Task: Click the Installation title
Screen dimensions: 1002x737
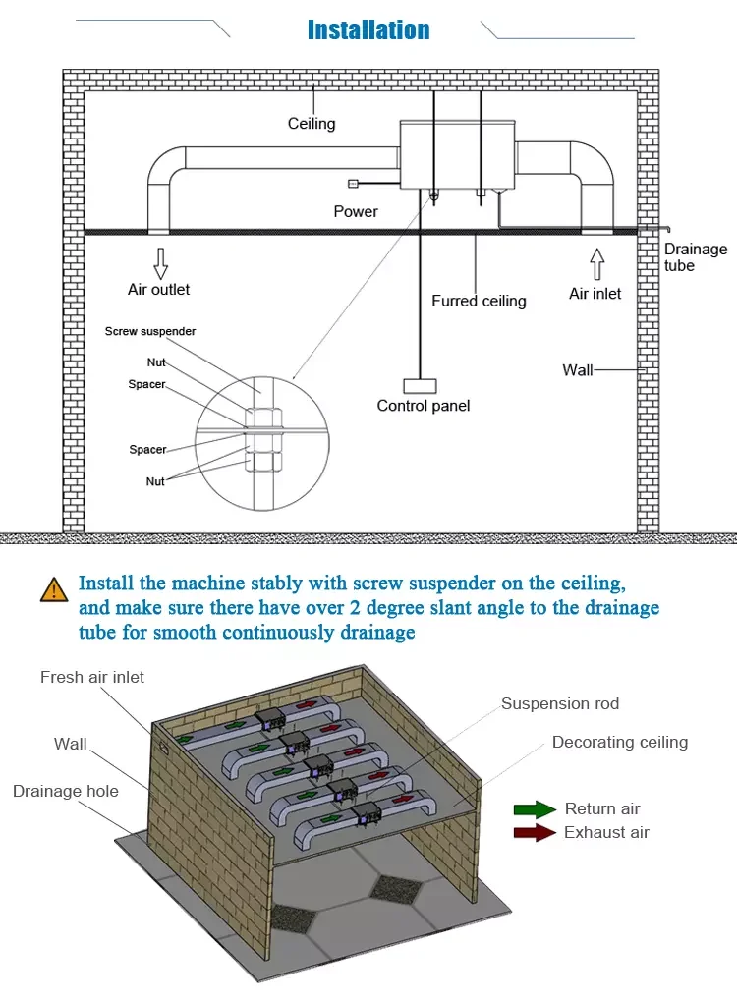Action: pyautogui.click(x=368, y=30)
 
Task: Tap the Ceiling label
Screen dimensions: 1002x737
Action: pyautogui.click(x=312, y=124)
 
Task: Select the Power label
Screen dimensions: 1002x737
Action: pyautogui.click(x=356, y=211)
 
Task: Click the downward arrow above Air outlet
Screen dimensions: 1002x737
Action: pyautogui.click(x=160, y=263)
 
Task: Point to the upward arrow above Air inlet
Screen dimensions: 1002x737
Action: pyautogui.click(x=595, y=264)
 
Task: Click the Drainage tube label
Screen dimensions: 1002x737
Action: pyautogui.click(x=695, y=257)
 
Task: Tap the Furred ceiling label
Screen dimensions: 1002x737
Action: pyautogui.click(x=479, y=301)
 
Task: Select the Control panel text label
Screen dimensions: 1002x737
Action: pyautogui.click(x=424, y=406)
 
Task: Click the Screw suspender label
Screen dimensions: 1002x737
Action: pyautogui.click(x=150, y=332)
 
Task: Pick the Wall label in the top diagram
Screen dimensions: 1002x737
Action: pyautogui.click(x=578, y=370)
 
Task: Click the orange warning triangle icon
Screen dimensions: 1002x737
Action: pyautogui.click(x=53, y=590)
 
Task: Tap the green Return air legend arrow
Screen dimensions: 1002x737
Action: pyautogui.click(x=535, y=809)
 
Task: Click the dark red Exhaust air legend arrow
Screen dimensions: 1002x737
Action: pyautogui.click(x=535, y=833)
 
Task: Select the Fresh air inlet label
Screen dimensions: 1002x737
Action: pyautogui.click(x=92, y=678)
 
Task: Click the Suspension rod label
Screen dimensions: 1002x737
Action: pyautogui.click(x=560, y=703)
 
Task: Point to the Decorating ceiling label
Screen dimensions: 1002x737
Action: pyautogui.click(x=620, y=742)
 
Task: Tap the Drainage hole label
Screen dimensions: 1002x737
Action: pyautogui.click(x=66, y=791)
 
